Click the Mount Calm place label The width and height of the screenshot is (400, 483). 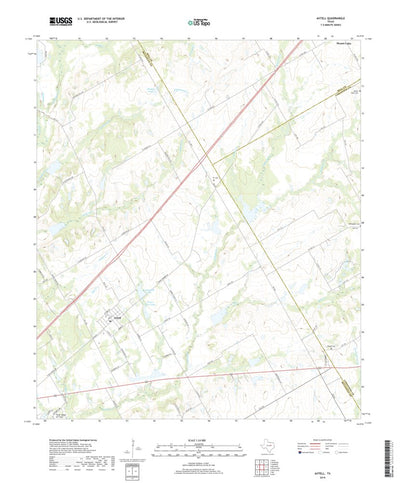tap(344, 43)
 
